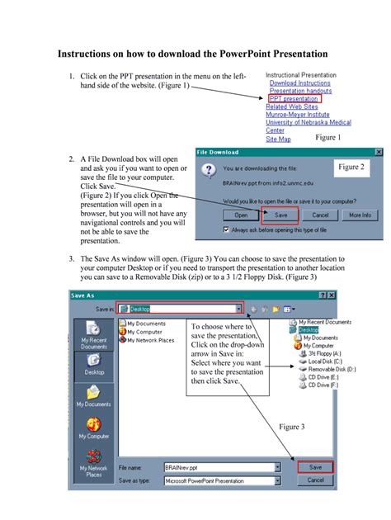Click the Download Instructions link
click(x=299, y=83)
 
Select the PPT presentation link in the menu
click(x=293, y=99)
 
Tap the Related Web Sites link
click(x=292, y=106)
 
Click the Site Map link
click(x=278, y=139)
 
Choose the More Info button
click(x=360, y=215)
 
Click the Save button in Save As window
click(x=316, y=467)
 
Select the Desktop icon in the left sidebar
click(x=94, y=364)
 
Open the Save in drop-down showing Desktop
click(x=239, y=309)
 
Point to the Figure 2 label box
click(x=351, y=167)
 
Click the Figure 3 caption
click(x=291, y=427)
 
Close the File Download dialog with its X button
click(x=379, y=153)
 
